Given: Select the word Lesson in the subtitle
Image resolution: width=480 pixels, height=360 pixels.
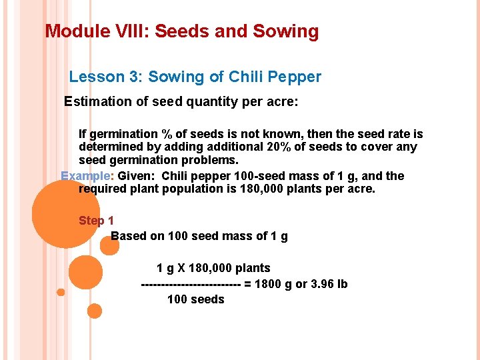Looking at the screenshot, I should click(x=96, y=77).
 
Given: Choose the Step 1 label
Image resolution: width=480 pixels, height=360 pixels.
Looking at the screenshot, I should click(x=97, y=221).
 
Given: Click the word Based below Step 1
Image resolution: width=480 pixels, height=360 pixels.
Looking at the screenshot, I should click(x=129, y=236).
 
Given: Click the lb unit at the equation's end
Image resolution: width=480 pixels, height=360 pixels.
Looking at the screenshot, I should click(x=342, y=284).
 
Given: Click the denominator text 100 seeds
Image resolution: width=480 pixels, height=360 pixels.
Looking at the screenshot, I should click(x=195, y=299).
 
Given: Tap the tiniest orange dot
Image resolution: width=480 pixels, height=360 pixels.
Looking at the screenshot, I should click(x=61, y=292).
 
